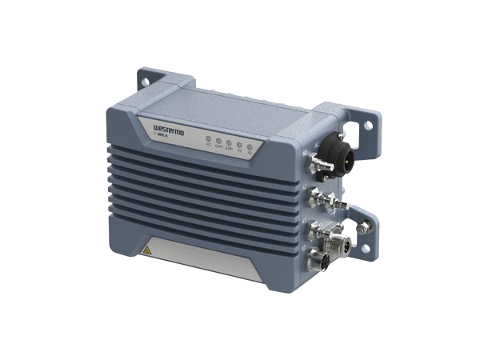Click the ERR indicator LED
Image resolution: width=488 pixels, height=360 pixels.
pos(229,142)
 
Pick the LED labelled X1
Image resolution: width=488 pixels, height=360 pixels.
pos(239,145)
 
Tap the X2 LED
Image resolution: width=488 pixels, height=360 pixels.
pos(250,146)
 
